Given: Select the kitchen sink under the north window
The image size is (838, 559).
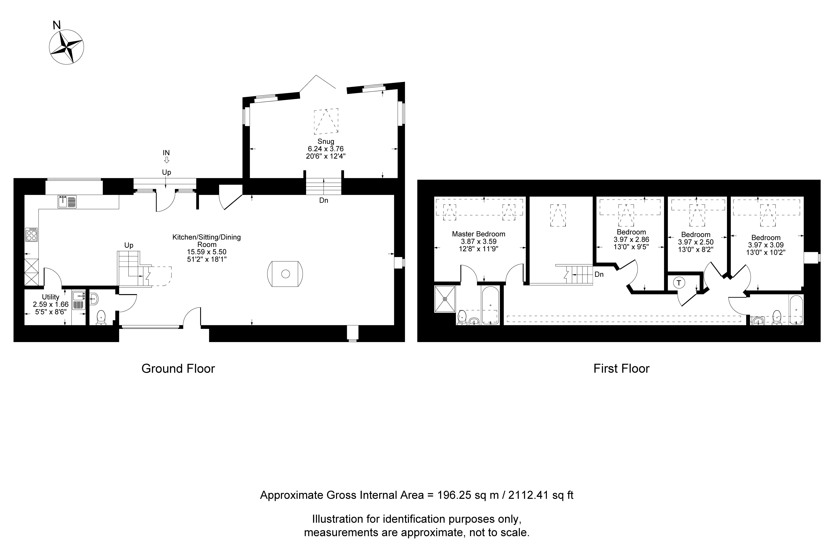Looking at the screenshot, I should click(x=67, y=202).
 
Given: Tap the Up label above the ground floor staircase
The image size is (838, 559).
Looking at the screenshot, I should click(x=129, y=245).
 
